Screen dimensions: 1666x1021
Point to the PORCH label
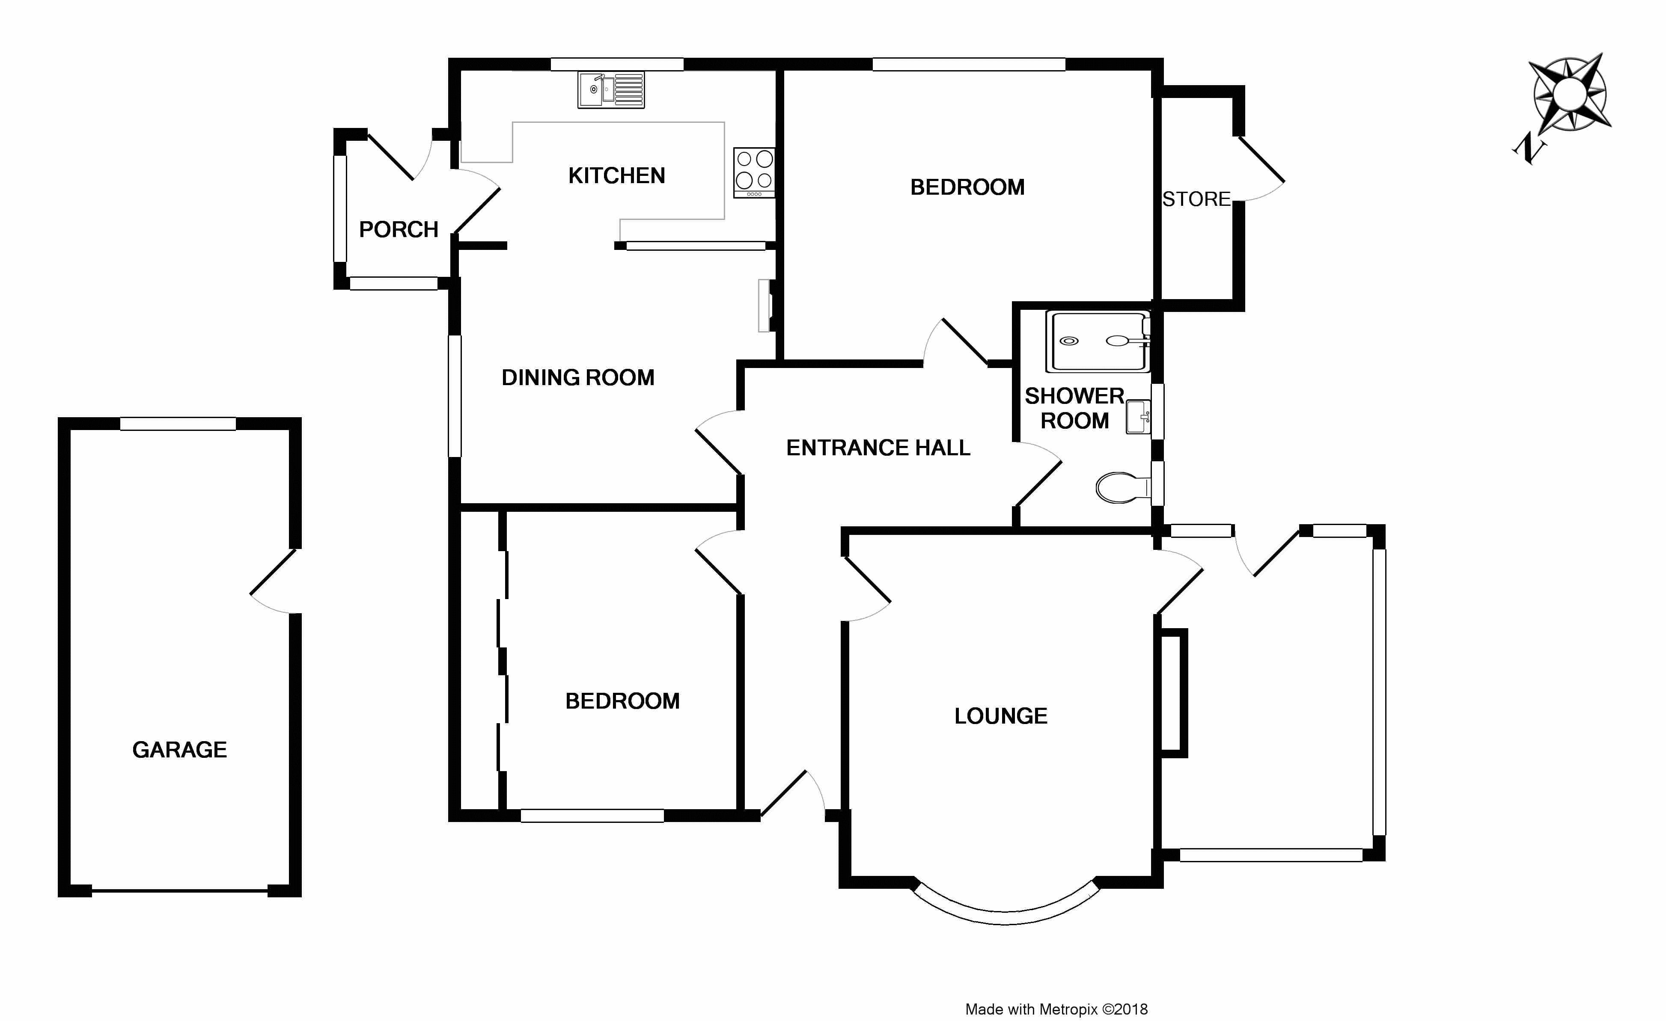pos(398,230)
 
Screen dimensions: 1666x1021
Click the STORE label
pos(1196,199)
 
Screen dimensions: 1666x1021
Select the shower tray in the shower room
pos(1097,341)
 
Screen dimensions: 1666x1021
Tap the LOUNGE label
pos(1001,716)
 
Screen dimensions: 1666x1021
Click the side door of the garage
pos(274,581)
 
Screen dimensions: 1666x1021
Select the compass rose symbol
pos(1569,93)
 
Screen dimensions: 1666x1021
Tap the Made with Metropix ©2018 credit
pos(1056,1009)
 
